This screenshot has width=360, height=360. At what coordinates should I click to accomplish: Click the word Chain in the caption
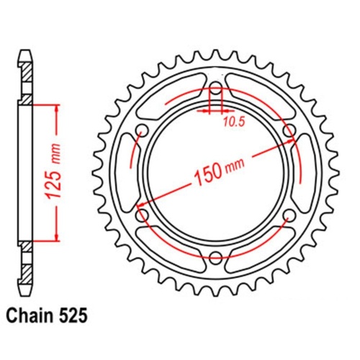tap(30, 315)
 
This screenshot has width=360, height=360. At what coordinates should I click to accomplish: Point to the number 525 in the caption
tap(76, 315)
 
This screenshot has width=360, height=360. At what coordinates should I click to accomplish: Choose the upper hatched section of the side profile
tap(27, 72)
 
